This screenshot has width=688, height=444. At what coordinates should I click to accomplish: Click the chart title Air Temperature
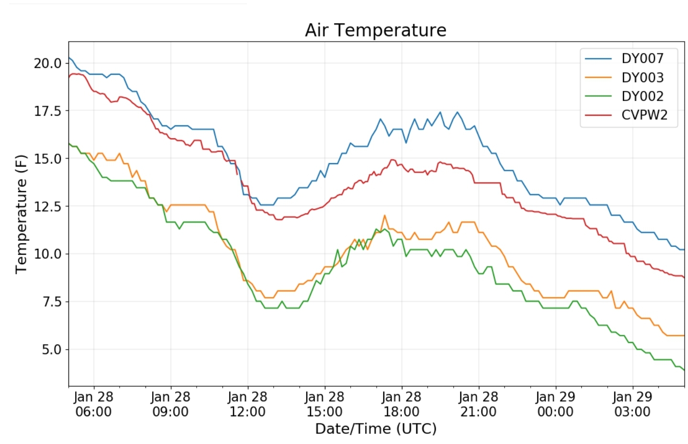pos(376,30)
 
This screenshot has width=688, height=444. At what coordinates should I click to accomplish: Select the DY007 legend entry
pos(642,58)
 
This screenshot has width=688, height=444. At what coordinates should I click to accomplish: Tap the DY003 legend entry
pos(642,78)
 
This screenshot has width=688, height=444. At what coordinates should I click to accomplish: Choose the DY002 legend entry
pos(642,96)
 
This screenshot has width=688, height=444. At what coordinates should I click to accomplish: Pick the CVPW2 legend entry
pos(644,115)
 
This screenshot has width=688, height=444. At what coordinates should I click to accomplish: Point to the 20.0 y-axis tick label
pos(48,63)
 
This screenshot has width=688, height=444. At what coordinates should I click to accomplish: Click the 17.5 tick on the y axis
pos(48,111)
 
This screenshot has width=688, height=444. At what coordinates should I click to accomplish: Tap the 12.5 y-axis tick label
pos(48,206)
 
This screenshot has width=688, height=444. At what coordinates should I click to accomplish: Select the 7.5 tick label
pos(52,302)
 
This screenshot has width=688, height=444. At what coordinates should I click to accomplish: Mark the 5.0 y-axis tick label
pos(52,349)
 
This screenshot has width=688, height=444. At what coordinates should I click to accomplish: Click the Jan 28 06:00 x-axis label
pos(94,404)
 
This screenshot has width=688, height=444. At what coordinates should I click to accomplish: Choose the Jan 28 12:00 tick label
pos(247,404)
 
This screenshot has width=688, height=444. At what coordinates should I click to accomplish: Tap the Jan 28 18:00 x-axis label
pos(401,404)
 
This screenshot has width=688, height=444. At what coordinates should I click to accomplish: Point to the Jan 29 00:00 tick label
pos(555,404)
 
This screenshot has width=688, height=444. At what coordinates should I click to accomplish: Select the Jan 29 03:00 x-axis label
pos(633,404)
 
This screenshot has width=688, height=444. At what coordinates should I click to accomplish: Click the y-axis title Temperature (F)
pos(21,214)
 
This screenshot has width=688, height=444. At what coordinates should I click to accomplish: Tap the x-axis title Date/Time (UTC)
pos(376,428)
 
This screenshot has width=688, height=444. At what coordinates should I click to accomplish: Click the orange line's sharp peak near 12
pos(384,216)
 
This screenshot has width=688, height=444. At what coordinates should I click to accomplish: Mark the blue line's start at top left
pos(69,57)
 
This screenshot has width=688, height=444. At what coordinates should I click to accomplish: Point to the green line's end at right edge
pos(684,370)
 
